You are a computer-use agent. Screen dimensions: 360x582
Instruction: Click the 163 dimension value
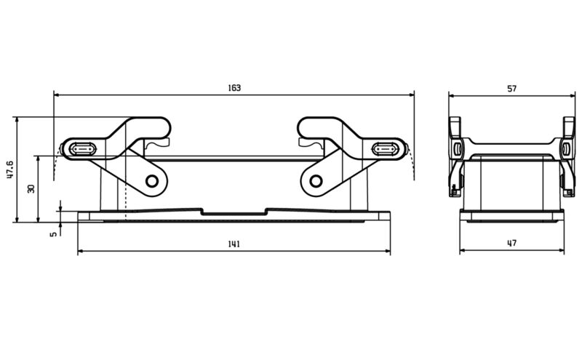pyautogui.click(x=234, y=88)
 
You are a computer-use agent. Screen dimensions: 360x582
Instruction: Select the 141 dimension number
pyautogui.click(x=234, y=244)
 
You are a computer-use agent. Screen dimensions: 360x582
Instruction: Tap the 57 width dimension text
pyautogui.click(x=511, y=88)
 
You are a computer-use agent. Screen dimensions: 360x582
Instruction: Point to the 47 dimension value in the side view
pyautogui.click(x=511, y=244)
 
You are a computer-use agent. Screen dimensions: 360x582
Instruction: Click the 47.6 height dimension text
pyautogui.click(x=9, y=169)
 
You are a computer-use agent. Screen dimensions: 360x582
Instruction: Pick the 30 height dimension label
pyautogui.click(x=31, y=188)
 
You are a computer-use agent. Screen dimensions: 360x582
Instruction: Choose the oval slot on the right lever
pyautogui.click(x=385, y=149)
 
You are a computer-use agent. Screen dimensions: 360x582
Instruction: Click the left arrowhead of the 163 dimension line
pyautogui.click(x=57, y=95)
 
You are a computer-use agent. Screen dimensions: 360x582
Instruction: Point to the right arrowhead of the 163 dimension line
pyautogui.click(x=411, y=95)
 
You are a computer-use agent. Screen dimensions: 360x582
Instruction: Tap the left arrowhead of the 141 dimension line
pyautogui.click(x=81, y=252)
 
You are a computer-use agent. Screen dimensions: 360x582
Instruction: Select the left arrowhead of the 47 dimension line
pyautogui.click(x=463, y=252)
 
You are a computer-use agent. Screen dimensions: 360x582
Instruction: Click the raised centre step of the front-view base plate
pyautogui.click(x=234, y=212)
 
